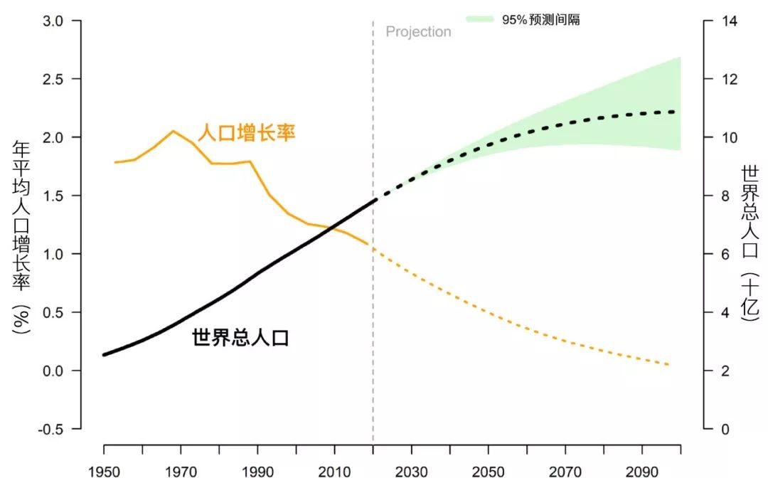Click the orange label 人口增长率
[245, 133]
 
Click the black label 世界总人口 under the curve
[240, 338]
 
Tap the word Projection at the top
[418, 32]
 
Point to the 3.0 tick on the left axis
[53, 21]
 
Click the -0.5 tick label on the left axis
[50, 429]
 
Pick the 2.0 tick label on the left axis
[53, 137]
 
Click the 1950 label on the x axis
[104, 471]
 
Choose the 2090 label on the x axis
[642, 471]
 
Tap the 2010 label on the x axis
[334, 471]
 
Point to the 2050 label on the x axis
[488, 471]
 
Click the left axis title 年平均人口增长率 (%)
[22, 235]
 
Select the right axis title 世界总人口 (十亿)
[751, 242]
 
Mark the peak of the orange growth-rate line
[173, 131]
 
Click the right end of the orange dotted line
[669, 365]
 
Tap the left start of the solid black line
[105, 354]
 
